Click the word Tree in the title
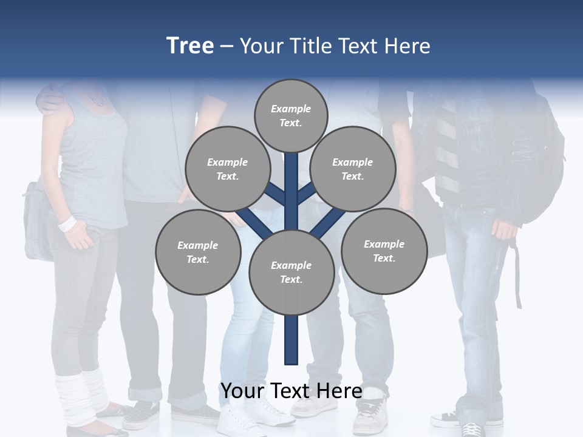pos(190,46)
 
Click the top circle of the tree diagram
pos(291,115)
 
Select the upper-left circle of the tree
pos(228,169)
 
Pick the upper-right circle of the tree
pos(353,169)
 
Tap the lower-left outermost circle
pos(198,252)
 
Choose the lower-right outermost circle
pos(384,251)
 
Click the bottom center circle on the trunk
pos(291,272)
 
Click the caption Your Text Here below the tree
pos(291,391)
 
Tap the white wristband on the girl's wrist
pos(67,223)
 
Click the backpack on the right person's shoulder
pos(544,164)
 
